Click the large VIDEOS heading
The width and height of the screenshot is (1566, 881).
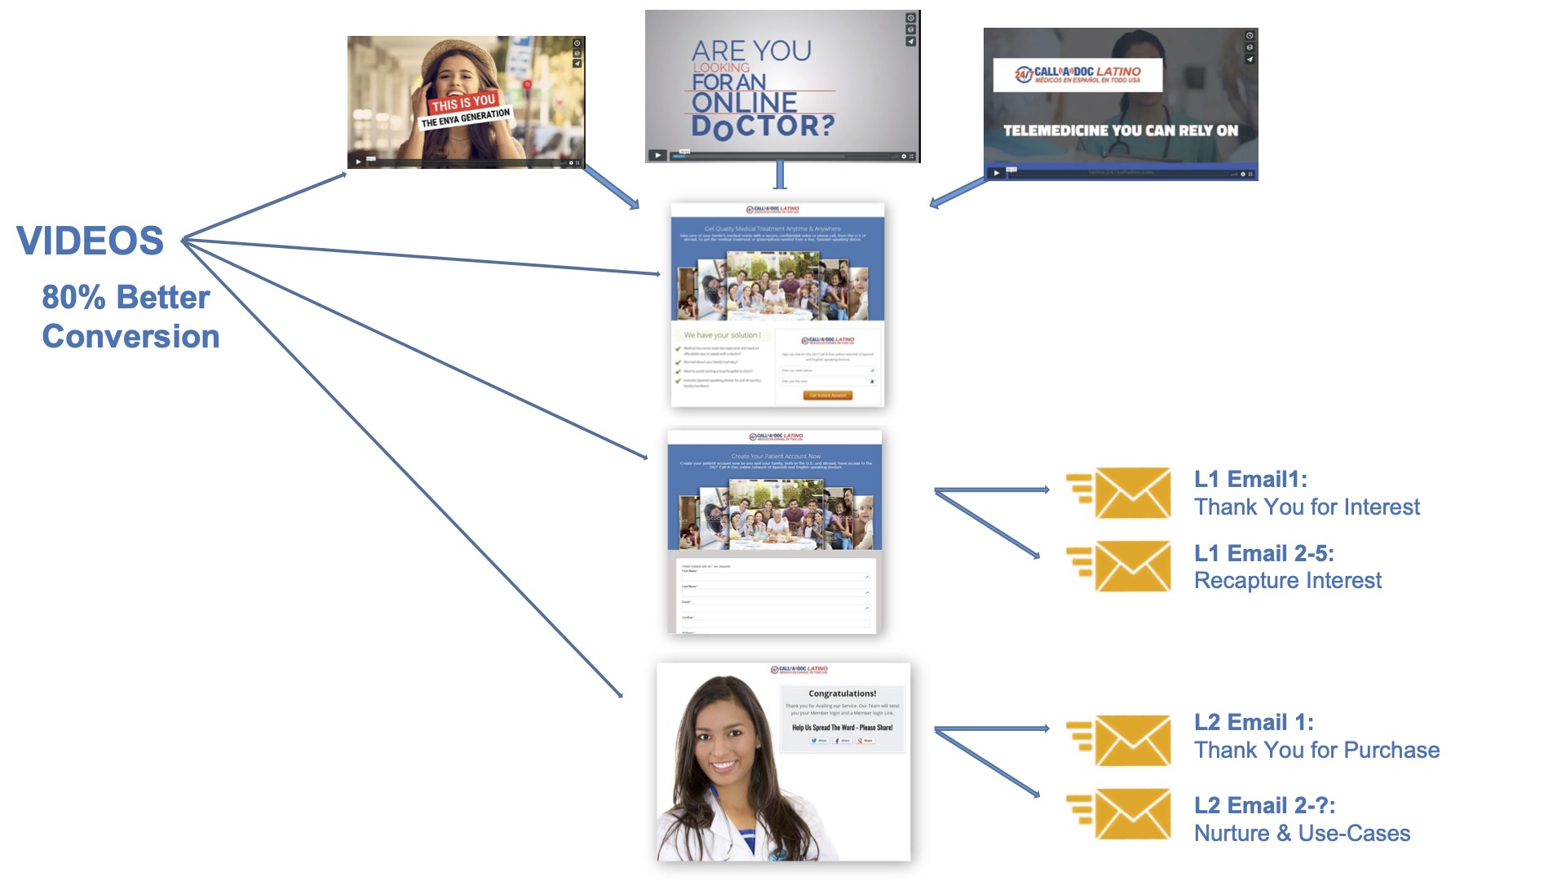(x=91, y=241)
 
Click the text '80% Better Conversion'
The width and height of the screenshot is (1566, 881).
(x=130, y=317)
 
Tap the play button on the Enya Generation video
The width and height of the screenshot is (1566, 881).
(x=358, y=162)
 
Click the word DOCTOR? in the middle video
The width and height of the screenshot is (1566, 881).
(x=763, y=126)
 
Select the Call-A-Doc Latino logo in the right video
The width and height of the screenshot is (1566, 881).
(x=1077, y=75)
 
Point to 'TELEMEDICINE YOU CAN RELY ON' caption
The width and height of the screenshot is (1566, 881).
(x=1120, y=131)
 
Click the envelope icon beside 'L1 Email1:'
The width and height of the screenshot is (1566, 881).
(x=1132, y=493)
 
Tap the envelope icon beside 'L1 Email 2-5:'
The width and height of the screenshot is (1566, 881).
(x=1132, y=566)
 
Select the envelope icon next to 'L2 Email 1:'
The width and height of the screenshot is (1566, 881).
(x=1132, y=740)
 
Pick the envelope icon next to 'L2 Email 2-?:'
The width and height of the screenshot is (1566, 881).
(x=1132, y=813)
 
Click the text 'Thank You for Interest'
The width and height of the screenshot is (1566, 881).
(x=1307, y=507)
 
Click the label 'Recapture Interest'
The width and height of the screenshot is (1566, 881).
(x=1288, y=581)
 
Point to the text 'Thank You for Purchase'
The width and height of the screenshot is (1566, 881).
(x=1316, y=750)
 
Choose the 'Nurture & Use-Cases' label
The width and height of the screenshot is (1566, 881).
(x=1302, y=834)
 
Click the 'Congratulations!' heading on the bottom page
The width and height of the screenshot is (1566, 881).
(x=842, y=693)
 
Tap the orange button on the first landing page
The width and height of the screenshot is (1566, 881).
(x=827, y=396)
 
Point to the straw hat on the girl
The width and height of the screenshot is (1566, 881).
(x=457, y=57)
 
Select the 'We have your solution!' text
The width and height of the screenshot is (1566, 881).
(x=722, y=335)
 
